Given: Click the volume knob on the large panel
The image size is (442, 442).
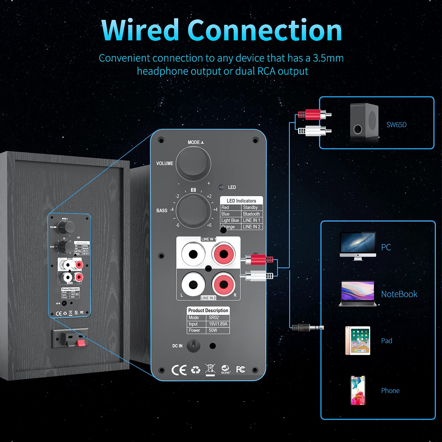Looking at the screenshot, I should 193,164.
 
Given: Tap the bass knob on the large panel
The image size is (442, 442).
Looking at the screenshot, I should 193,211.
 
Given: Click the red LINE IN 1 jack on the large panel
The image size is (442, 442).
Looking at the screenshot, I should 223,254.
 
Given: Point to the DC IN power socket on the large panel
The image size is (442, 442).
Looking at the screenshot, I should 193,346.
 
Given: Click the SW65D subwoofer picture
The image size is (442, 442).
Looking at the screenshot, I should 364,121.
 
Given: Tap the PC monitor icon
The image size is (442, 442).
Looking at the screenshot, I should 358,246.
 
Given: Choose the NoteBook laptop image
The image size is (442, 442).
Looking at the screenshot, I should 358,294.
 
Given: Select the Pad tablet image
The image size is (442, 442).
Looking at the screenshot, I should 358,340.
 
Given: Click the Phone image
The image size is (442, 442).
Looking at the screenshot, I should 358,390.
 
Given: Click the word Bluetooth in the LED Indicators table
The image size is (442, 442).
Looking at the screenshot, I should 251,214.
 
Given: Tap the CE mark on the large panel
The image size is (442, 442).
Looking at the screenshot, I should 179,370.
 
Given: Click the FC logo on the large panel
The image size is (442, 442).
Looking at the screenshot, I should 241,369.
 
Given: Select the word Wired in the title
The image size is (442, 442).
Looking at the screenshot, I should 141,30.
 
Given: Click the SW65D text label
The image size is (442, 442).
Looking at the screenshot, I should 396,125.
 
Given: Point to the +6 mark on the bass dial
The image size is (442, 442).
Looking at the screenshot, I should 209,225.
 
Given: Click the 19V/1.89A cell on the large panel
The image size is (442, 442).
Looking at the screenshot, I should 218,324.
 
